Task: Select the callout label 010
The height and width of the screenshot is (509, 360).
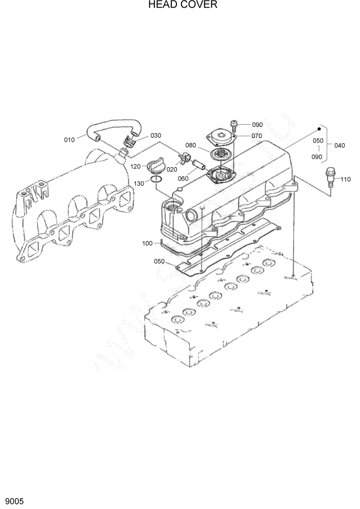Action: [x=69, y=140]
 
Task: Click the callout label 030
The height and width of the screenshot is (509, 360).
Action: [x=156, y=135]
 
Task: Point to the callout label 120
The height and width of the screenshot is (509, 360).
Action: [x=135, y=166]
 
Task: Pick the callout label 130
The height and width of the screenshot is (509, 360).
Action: [x=139, y=183]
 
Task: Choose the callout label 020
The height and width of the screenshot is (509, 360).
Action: [x=172, y=169]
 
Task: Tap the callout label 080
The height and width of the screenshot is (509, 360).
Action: [x=191, y=145]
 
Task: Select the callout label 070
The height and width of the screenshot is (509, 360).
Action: [x=256, y=136]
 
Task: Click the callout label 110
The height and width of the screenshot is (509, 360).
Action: [x=345, y=180]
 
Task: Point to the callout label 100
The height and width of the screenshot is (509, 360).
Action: [x=148, y=243]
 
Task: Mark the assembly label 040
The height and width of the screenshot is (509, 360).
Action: [x=339, y=145]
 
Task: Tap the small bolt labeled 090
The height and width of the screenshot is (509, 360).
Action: [x=234, y=123]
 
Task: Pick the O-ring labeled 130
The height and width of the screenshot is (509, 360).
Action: [x=157, y=180]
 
